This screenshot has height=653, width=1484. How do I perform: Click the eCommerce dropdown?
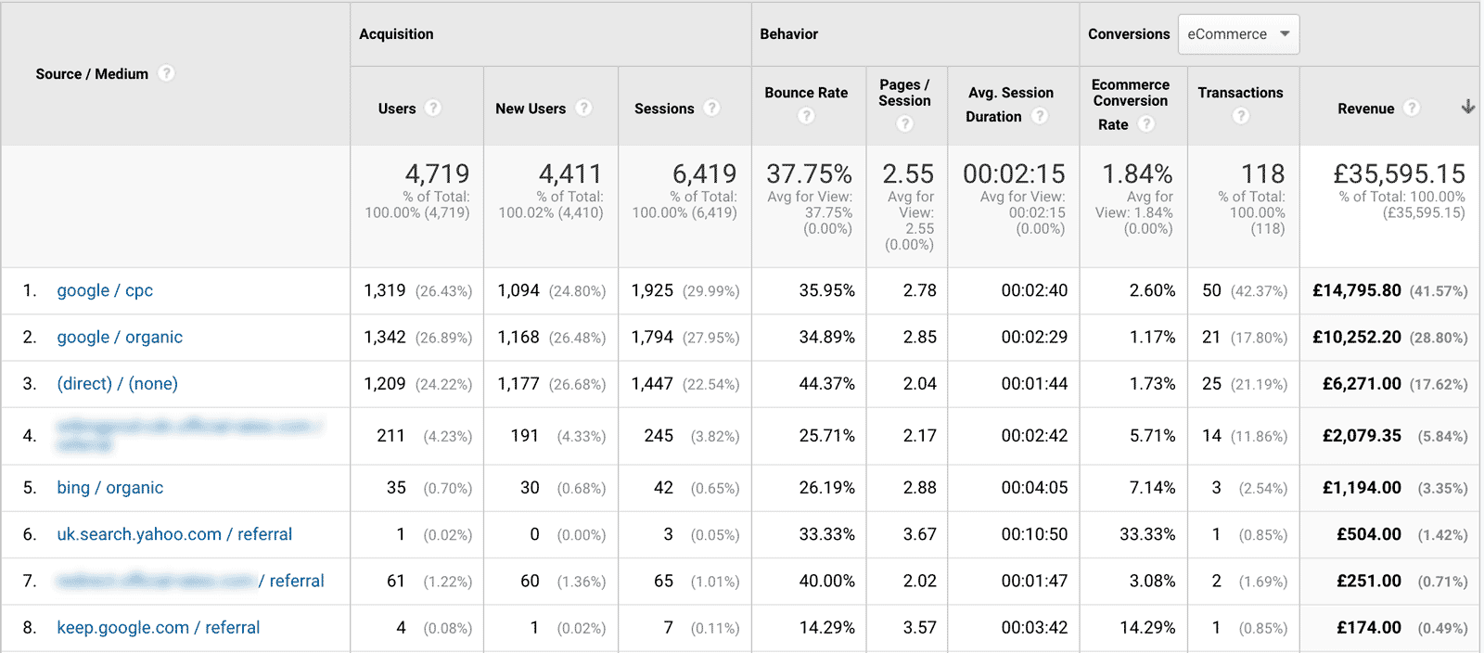(1238, 34)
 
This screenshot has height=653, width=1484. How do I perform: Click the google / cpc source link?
(105, 290)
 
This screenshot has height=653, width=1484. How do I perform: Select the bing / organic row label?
(109, 488)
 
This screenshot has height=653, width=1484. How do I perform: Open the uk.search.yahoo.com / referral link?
(174, 534)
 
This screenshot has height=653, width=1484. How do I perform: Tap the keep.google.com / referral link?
(158, 628)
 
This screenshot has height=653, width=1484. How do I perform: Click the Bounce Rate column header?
(806, 93)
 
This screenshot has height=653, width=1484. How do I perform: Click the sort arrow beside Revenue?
(1467, 108)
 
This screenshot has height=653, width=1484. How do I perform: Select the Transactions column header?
(1240, 93)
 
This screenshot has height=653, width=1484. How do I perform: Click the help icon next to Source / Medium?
(166, 73)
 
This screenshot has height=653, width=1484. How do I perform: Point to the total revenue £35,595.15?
(1399, 173)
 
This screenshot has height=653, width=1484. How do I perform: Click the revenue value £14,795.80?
(1356, 290)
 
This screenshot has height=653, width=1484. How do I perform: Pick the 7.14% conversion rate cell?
(1152, 488)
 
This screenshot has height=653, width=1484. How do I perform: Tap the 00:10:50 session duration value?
(1034, 534)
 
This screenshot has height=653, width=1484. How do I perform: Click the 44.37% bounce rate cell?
(826, 384)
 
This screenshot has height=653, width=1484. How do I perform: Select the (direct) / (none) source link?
(117, 384)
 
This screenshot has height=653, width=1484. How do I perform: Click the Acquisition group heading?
(396, 34)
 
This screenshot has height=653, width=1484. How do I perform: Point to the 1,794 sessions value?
(652, 338)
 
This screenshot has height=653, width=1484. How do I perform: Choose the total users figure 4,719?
(437, 173)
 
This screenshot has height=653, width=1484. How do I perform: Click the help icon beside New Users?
(583, 109)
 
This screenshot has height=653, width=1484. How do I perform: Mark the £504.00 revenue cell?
(1368, 534)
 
